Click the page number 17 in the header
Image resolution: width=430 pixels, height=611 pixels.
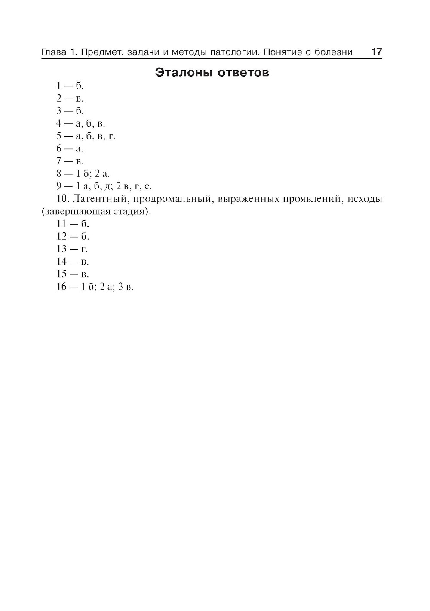(x=376, y=52)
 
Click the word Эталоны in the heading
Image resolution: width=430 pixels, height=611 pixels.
(x=184, y=72)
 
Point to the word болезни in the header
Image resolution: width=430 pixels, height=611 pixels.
(x=333, y=52)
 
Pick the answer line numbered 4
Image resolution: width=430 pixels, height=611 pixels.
(x=80, y=123)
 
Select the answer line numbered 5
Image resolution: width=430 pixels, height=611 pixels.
(x=86, y=136)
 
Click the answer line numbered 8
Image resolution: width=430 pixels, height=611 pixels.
(x=83, y=174)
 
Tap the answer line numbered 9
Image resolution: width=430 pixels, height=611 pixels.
(x=104, y=186)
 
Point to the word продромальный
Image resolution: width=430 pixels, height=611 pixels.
(x=172, y=199)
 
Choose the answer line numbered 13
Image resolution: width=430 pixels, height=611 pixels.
(x=72, y=249)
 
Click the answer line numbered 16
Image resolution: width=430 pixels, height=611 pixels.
(x=95, y=287)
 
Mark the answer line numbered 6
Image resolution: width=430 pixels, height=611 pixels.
(x=70, y=148)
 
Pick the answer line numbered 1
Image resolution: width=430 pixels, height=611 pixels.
(x=70, y=86)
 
